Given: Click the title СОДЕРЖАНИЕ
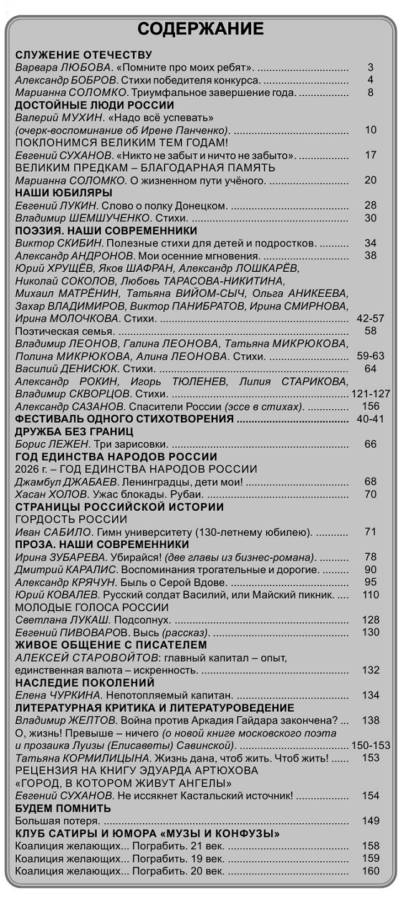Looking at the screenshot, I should point(200,29).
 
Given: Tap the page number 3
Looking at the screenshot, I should point(370,67).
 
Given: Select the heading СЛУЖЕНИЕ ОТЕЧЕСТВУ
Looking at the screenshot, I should point(84,55).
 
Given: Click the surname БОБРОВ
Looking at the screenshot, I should point(94,80).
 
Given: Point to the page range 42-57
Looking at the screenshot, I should point(370,318).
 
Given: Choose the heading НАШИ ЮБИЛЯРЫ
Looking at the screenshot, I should point(64,193).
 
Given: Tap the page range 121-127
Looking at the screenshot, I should point(370,393).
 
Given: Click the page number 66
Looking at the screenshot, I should point(370,444).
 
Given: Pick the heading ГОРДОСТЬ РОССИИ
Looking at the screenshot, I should point(71,519).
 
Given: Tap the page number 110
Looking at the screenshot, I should point(370,595).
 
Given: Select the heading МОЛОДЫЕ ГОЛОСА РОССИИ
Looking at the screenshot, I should point(92,607).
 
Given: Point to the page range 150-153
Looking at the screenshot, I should point(370,745).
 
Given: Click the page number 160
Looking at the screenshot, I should point(370,871).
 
